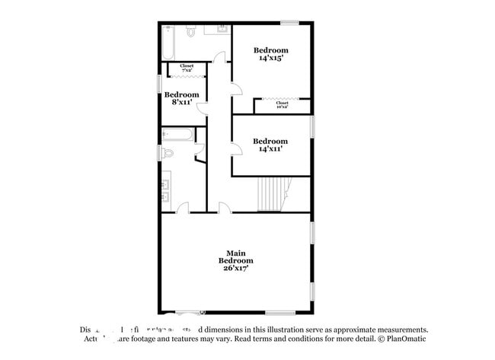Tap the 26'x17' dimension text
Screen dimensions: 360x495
pyautogui.click(x=235, y=268)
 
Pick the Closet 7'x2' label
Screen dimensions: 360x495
pyautogui.click(x=187, y=67)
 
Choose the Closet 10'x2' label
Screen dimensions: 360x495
pyautogui.click(x=282, y=104)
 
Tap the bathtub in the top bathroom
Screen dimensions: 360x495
pyautogui.click(x=169, y=43)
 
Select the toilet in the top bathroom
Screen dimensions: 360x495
pyautogui.click(x=191, y=31)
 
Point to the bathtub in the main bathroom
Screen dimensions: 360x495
pyautogui.click(x=177, y=135)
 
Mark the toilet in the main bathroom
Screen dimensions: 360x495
pyautogui.click(x=168, y=153)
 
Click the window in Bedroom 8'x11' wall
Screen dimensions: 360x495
pyautogui.click(x=159, y=81)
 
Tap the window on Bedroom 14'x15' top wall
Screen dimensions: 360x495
pyautogui.click(x=289, y=23)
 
